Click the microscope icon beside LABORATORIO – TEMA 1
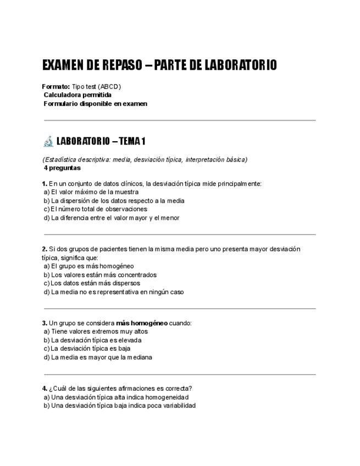(x=48, y=141)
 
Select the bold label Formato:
(x=56, y=87)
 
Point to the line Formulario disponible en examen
(x=95, y=103)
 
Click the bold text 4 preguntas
(x=62, y=168)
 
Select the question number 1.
(x=44, y=184)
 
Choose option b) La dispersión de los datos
(x=114, y=201)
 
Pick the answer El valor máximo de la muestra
(x=95, y=192)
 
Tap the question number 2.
(x=44, y=249)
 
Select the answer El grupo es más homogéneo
(x=92, y=267)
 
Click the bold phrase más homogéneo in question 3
(x=142, y=323)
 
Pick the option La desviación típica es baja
(x=91, y=348)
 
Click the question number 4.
(x=44, y=389)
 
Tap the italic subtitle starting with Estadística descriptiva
(x=145, y=160)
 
